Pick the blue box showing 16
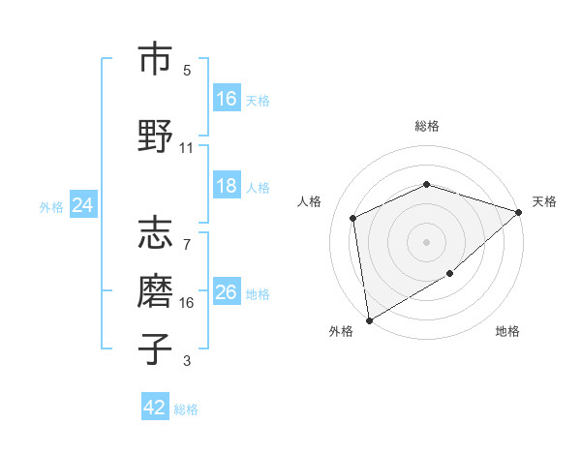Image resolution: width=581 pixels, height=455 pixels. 227,98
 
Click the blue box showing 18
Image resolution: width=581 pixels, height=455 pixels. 227,186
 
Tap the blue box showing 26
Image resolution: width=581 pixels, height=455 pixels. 227,292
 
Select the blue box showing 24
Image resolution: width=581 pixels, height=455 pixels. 83,205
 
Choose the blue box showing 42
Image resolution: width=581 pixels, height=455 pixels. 155,408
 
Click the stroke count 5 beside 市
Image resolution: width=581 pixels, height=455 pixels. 187,71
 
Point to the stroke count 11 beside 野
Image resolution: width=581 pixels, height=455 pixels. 187,148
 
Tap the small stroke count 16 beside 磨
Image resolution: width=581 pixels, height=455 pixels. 187,303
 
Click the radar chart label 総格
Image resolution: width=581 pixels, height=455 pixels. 426,126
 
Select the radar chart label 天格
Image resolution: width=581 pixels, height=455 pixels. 544,201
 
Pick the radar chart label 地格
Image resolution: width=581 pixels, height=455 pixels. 507,332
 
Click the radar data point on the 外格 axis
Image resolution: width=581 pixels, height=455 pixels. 368,320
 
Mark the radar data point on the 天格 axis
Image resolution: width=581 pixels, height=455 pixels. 519,212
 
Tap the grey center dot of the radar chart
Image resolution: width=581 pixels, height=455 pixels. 426,241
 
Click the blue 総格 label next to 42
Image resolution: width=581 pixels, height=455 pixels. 186,409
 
